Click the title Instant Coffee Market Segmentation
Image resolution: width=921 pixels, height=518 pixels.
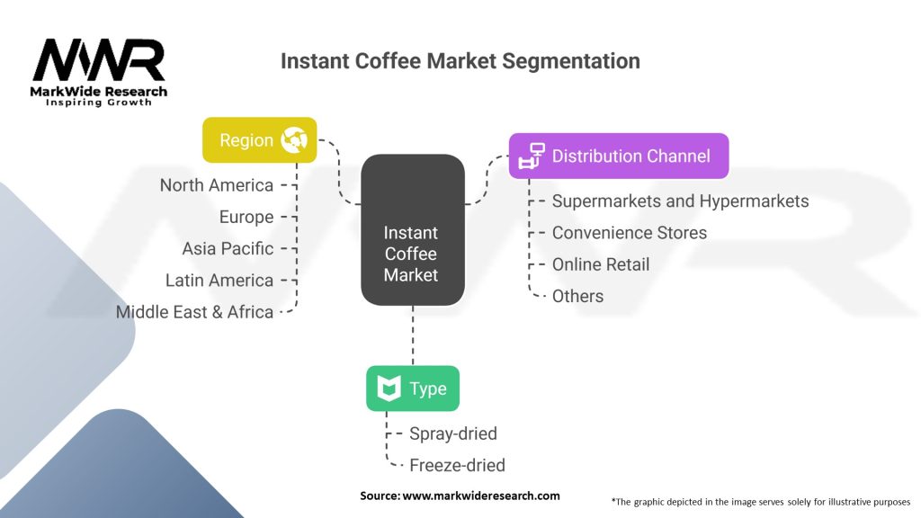[x=460, y=61]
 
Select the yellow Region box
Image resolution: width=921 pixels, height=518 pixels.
[x=259, y=139]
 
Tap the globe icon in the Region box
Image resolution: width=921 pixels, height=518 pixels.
[x=294, y=139]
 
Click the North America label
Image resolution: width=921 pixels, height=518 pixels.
[x=216, y=185]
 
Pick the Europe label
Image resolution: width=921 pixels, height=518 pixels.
[x=246, y=217]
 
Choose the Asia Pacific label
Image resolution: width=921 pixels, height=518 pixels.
[x=228, y=248]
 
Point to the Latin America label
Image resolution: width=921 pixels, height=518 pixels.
[x=219, y=281]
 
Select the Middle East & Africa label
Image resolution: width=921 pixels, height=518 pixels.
[x=194, y=312]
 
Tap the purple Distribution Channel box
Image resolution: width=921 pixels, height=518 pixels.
[x=618, y=156]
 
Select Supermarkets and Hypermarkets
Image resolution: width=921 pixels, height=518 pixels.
[x=680, y=201]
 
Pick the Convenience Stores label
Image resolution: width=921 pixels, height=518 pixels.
[x=629, y=233]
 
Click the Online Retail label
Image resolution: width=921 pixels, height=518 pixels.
[x=600, y=264]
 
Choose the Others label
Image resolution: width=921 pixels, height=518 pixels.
[x=577, y=296]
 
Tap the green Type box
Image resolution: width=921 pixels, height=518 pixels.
[x=412, y=388]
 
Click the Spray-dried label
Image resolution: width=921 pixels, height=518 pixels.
[x=452, y=433]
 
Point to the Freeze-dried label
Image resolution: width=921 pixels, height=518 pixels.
[x=457, y=465]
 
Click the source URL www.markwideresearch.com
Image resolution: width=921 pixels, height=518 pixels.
[x=480, y=496]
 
